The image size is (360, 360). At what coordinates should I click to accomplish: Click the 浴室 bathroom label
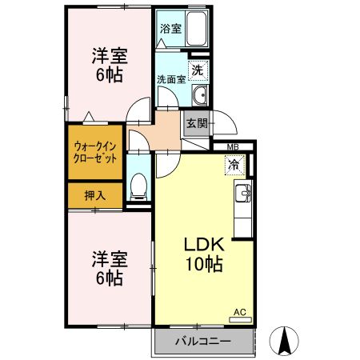(170, 29)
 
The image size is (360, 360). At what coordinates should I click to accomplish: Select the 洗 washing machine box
(198, 70)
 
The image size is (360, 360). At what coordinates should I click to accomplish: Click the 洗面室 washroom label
(170, 80)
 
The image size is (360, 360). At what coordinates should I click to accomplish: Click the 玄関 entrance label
(197, 123)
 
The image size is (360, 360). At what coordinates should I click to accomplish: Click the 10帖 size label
(206, 264)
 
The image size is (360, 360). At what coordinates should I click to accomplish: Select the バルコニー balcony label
(203, 342)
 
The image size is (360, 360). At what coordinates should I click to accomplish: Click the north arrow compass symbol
(284, 342)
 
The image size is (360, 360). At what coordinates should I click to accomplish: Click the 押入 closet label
(93, 194)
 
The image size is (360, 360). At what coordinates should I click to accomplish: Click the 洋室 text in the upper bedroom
(109, 56)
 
